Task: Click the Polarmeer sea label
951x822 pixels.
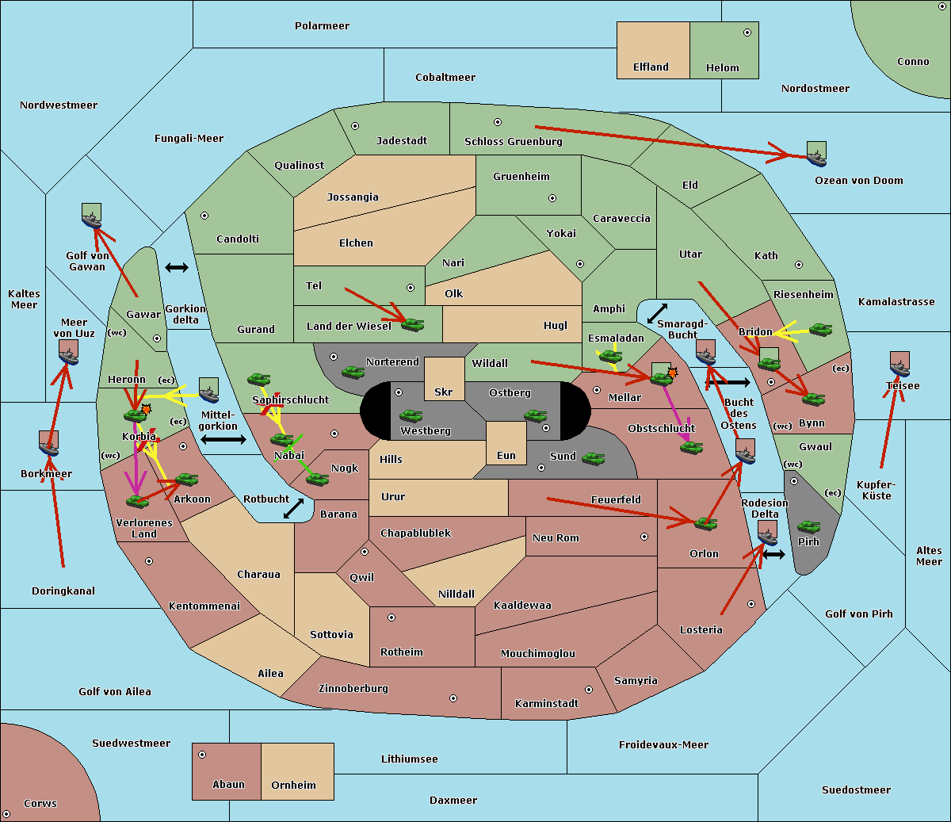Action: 322,26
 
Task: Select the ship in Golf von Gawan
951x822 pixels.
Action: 92,216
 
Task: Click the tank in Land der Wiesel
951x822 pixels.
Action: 412,325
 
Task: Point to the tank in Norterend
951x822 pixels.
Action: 353,373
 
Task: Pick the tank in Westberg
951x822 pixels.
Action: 411,416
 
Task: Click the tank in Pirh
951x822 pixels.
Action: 808,527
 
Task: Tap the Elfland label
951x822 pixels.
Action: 651,67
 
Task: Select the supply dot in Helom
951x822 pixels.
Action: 747,32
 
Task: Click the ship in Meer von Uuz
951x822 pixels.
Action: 69,352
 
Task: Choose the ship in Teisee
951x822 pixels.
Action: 899,364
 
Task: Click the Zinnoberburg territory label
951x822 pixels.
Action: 353,689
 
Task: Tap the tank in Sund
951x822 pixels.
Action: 593,458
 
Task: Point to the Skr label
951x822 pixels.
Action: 444,392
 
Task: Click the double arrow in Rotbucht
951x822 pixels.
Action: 293,508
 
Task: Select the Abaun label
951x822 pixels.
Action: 228,785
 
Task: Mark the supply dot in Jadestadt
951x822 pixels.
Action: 355,126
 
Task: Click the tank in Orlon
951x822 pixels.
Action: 705,524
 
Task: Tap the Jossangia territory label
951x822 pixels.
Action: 353,197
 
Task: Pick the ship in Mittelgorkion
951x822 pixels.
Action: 209,390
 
